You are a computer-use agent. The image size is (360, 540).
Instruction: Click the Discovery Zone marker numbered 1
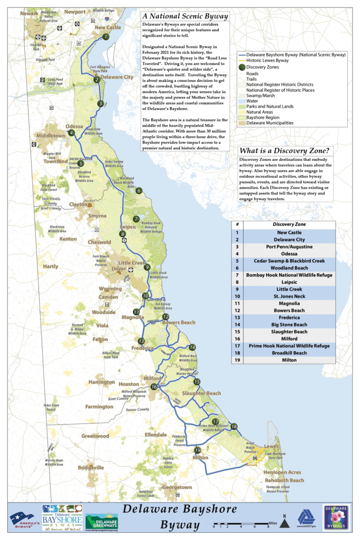[106, 36]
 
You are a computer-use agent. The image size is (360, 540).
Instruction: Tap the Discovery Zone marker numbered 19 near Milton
[198, 450]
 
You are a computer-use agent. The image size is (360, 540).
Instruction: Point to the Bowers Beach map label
[179, 322]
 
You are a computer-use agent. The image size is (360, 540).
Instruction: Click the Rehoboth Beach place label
[284, 480]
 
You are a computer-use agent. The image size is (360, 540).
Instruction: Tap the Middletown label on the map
[51, 136]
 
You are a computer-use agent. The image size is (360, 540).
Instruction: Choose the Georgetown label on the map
[177, 487]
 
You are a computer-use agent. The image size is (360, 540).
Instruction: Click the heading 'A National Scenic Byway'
[185, 17]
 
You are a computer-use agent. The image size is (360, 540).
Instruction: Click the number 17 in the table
[237, 345]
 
